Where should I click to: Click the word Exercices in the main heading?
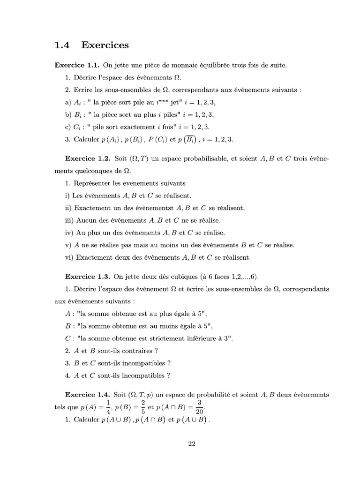click(x=105, y=45)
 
